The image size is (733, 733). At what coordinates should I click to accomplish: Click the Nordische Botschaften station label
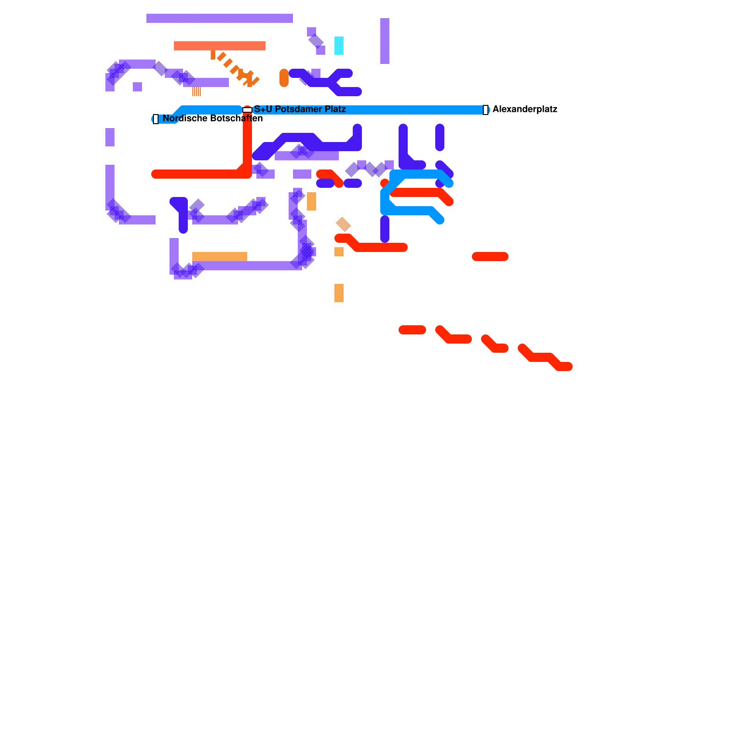(x=213, y=119)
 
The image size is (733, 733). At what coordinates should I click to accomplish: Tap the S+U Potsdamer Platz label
(x=300, y=109)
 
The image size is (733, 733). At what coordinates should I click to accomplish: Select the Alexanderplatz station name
(x=525, y=109)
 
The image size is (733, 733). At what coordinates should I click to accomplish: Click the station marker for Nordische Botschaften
(x=156, y=119)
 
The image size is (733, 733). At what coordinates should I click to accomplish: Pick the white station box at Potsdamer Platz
(x=247, y=110)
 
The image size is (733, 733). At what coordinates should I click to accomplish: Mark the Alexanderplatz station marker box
(x=486, y=110)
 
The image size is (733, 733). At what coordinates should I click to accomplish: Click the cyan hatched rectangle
(x=339, y=45)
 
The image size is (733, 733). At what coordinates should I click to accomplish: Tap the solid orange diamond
(x=343, y=224)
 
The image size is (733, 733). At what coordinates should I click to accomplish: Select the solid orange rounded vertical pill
(x=284, y=78)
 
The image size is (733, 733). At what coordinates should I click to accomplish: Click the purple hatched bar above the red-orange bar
(x=219, y=18)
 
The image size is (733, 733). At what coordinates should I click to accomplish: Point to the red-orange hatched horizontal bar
(x=219, y=46)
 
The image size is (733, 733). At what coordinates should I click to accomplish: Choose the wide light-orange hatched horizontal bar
(x=219, y=256)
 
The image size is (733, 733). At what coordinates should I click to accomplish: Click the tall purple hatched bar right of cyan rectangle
(x=385, y=41)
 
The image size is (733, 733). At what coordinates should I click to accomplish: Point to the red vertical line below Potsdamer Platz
(x=247, y=142)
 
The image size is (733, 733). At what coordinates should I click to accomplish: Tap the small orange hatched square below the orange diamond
(x=339, y=252)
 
